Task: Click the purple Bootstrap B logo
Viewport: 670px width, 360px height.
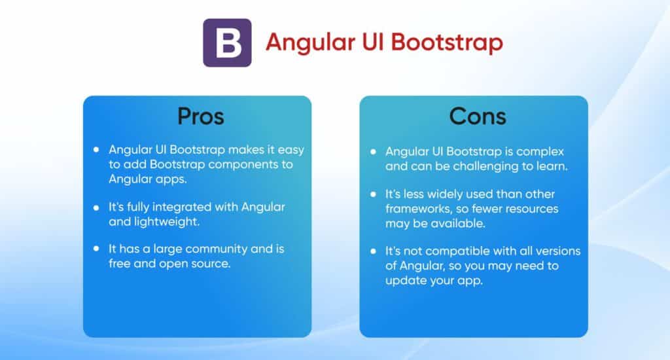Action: (227, 43)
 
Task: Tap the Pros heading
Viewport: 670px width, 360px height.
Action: (200, 116)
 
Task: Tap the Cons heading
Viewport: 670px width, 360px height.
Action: (477, 116)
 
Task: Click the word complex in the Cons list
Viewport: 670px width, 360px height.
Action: (538, 151)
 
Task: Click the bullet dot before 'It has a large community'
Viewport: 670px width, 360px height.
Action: (96, 249)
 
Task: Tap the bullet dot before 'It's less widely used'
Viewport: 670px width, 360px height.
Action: (373, 195)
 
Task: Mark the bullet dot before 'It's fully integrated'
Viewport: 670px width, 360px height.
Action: (96, 207)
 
